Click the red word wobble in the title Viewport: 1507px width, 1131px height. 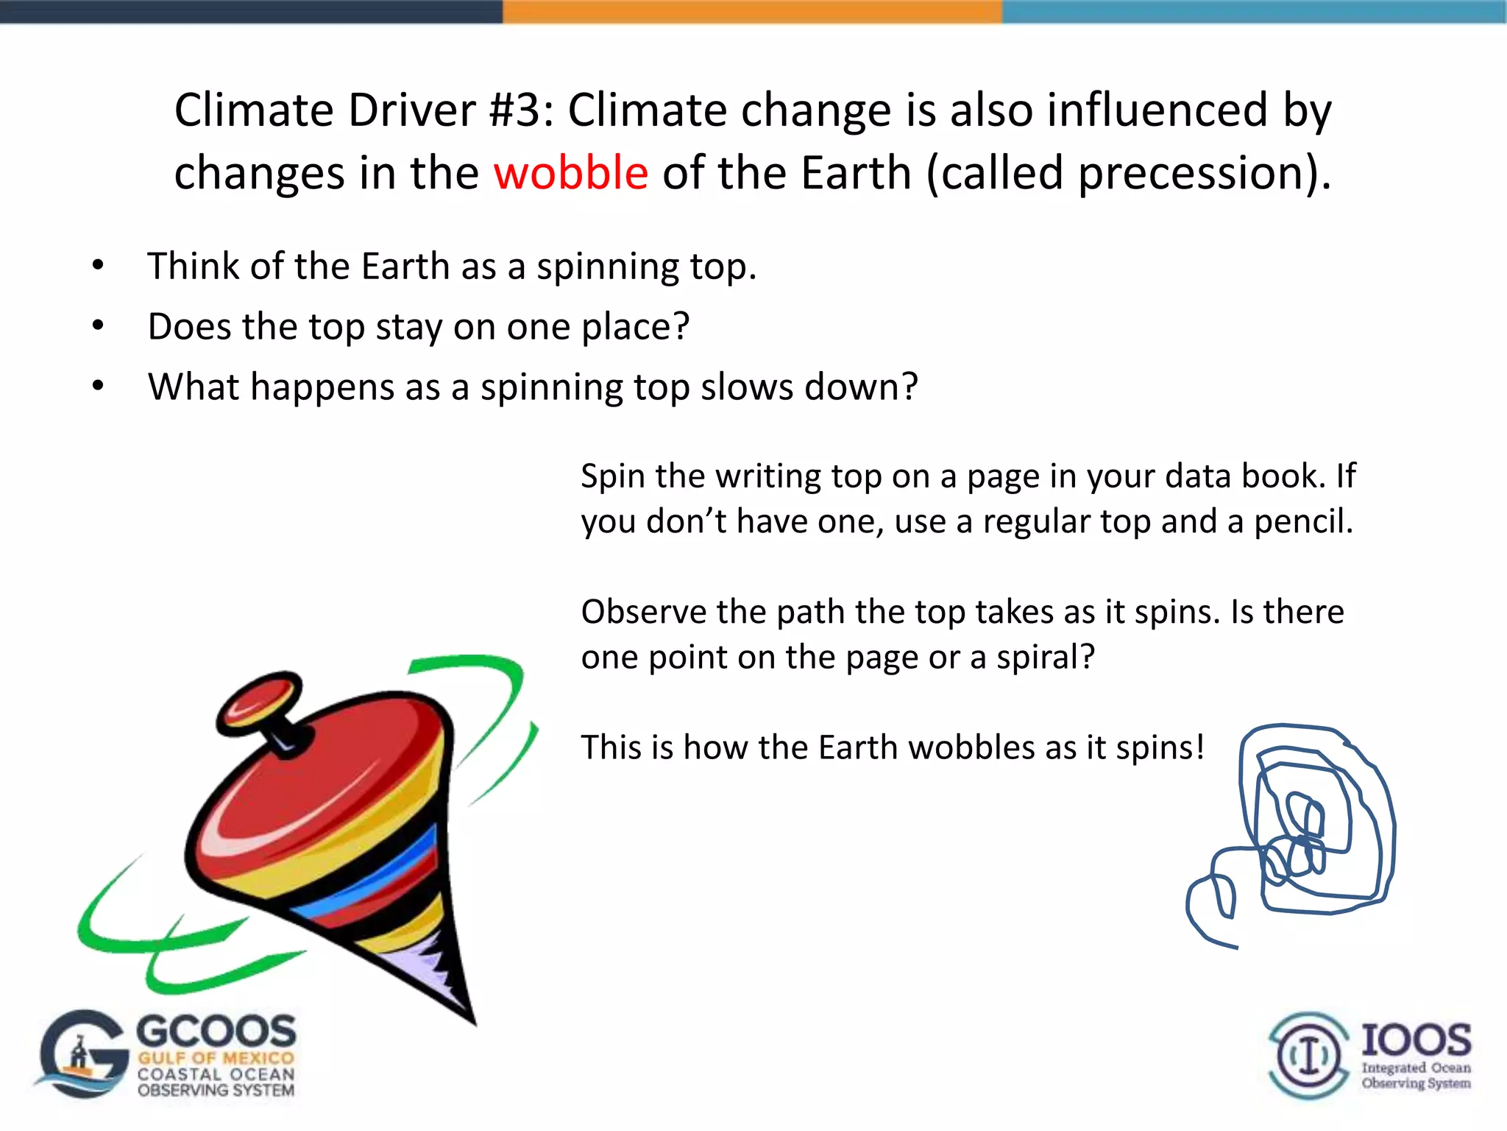(570, 173)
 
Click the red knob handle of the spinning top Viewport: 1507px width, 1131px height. (259, 702)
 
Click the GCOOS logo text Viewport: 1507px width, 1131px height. (216, 1031)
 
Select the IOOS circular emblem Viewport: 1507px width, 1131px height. (1308, 1055)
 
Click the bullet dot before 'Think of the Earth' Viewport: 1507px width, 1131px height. (98, 266)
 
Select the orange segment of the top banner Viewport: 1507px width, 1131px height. (752, 11)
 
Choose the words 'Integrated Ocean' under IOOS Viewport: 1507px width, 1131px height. (1416, 1068)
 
